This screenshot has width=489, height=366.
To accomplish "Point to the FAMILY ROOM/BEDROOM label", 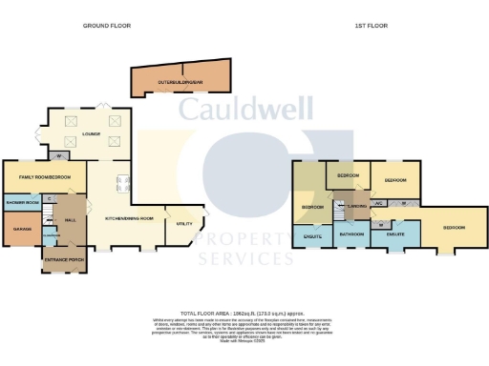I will click(x=45, y=177).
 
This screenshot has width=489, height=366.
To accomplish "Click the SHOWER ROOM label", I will click(x=22, y=202).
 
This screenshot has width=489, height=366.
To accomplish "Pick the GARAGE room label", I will click(x=20, y=228).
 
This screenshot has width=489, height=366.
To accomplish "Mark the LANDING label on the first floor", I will click(x=357, y=205).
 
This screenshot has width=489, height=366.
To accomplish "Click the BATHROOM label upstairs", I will click(x=352, y=233).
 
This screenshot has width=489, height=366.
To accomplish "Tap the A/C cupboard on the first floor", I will click(x=378, y=203).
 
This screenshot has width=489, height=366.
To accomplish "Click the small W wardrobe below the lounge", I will click(x=59, y=156).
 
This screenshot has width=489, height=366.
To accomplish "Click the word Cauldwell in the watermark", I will click(x=244, y=107).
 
